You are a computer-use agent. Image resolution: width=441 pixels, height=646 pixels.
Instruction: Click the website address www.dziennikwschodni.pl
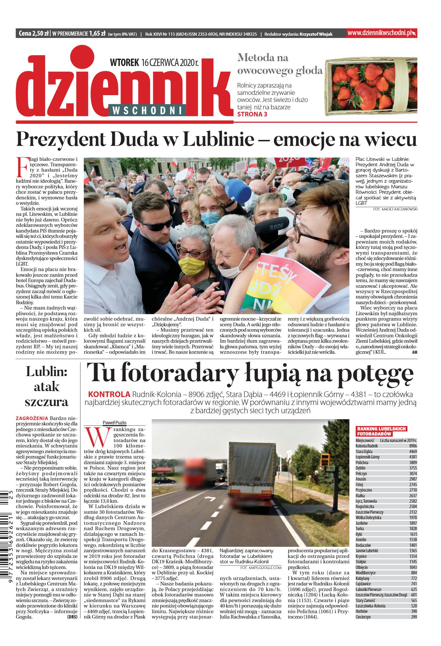coord(379,33)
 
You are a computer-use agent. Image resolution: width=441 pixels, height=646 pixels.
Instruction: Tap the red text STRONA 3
coord(252,114)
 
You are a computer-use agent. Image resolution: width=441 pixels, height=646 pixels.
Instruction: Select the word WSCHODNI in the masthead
coord(147,110)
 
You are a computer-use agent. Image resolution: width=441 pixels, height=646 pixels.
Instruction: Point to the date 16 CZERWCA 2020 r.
coord(170,63)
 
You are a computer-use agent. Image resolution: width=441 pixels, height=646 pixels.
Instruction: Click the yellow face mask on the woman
coord(192,266)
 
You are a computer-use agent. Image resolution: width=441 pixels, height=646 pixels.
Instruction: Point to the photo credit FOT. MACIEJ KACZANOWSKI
coord(395,209)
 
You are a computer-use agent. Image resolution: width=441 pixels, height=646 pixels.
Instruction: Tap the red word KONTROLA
coord(109,394)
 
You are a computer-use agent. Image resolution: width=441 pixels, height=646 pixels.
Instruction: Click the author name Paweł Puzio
coord(114,423)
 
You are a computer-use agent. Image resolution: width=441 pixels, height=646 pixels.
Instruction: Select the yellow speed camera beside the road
coord(325,460)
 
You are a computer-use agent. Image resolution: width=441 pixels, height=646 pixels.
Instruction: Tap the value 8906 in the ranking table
coord(413,446)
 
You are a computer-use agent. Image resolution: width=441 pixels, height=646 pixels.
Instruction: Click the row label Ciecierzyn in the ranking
coord(363,617)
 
